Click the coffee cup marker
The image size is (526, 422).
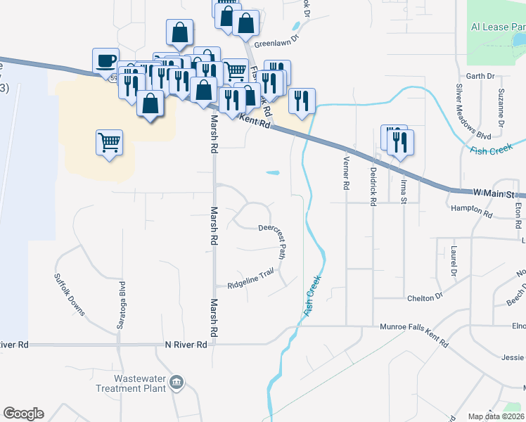(x=106, y=60)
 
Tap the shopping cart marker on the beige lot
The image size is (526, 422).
(x=109, y=143)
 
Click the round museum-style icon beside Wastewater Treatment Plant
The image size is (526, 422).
(x=177, y=383)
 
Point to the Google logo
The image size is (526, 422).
(x=23, y=414)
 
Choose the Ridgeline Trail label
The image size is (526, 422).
(x=250, y=280)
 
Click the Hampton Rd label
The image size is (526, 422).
(x=473, y=210)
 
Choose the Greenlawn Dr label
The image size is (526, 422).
(x=277, y=41)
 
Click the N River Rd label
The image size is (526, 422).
(x=186, y=345)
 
